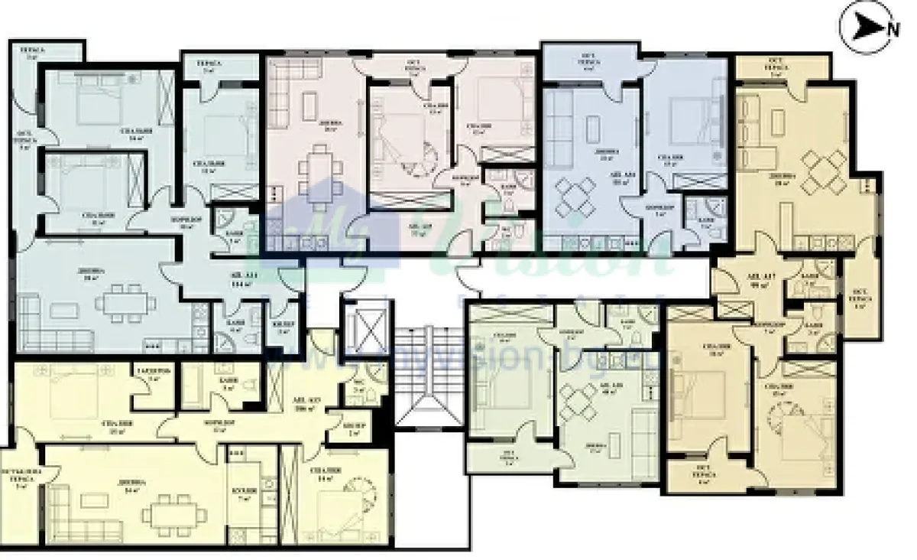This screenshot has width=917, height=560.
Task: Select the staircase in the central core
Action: click(x=429, y=374)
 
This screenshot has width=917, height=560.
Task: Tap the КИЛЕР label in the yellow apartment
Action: click(x=353, y=428)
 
